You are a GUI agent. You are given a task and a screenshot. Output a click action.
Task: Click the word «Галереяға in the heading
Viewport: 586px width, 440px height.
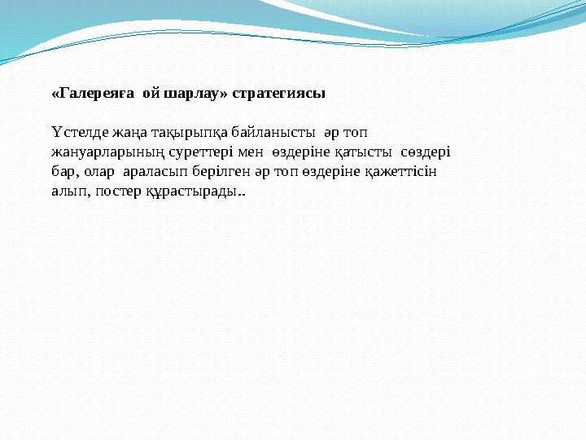pos(92,94)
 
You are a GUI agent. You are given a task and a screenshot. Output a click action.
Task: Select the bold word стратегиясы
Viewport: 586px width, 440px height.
pos(278,94)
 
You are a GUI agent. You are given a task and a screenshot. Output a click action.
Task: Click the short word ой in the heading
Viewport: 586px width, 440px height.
pos(150,94)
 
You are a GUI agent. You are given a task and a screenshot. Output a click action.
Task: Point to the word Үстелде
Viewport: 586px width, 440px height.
pos(75,132)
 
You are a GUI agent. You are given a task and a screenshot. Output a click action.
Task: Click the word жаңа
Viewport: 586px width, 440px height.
pos(121,132)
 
